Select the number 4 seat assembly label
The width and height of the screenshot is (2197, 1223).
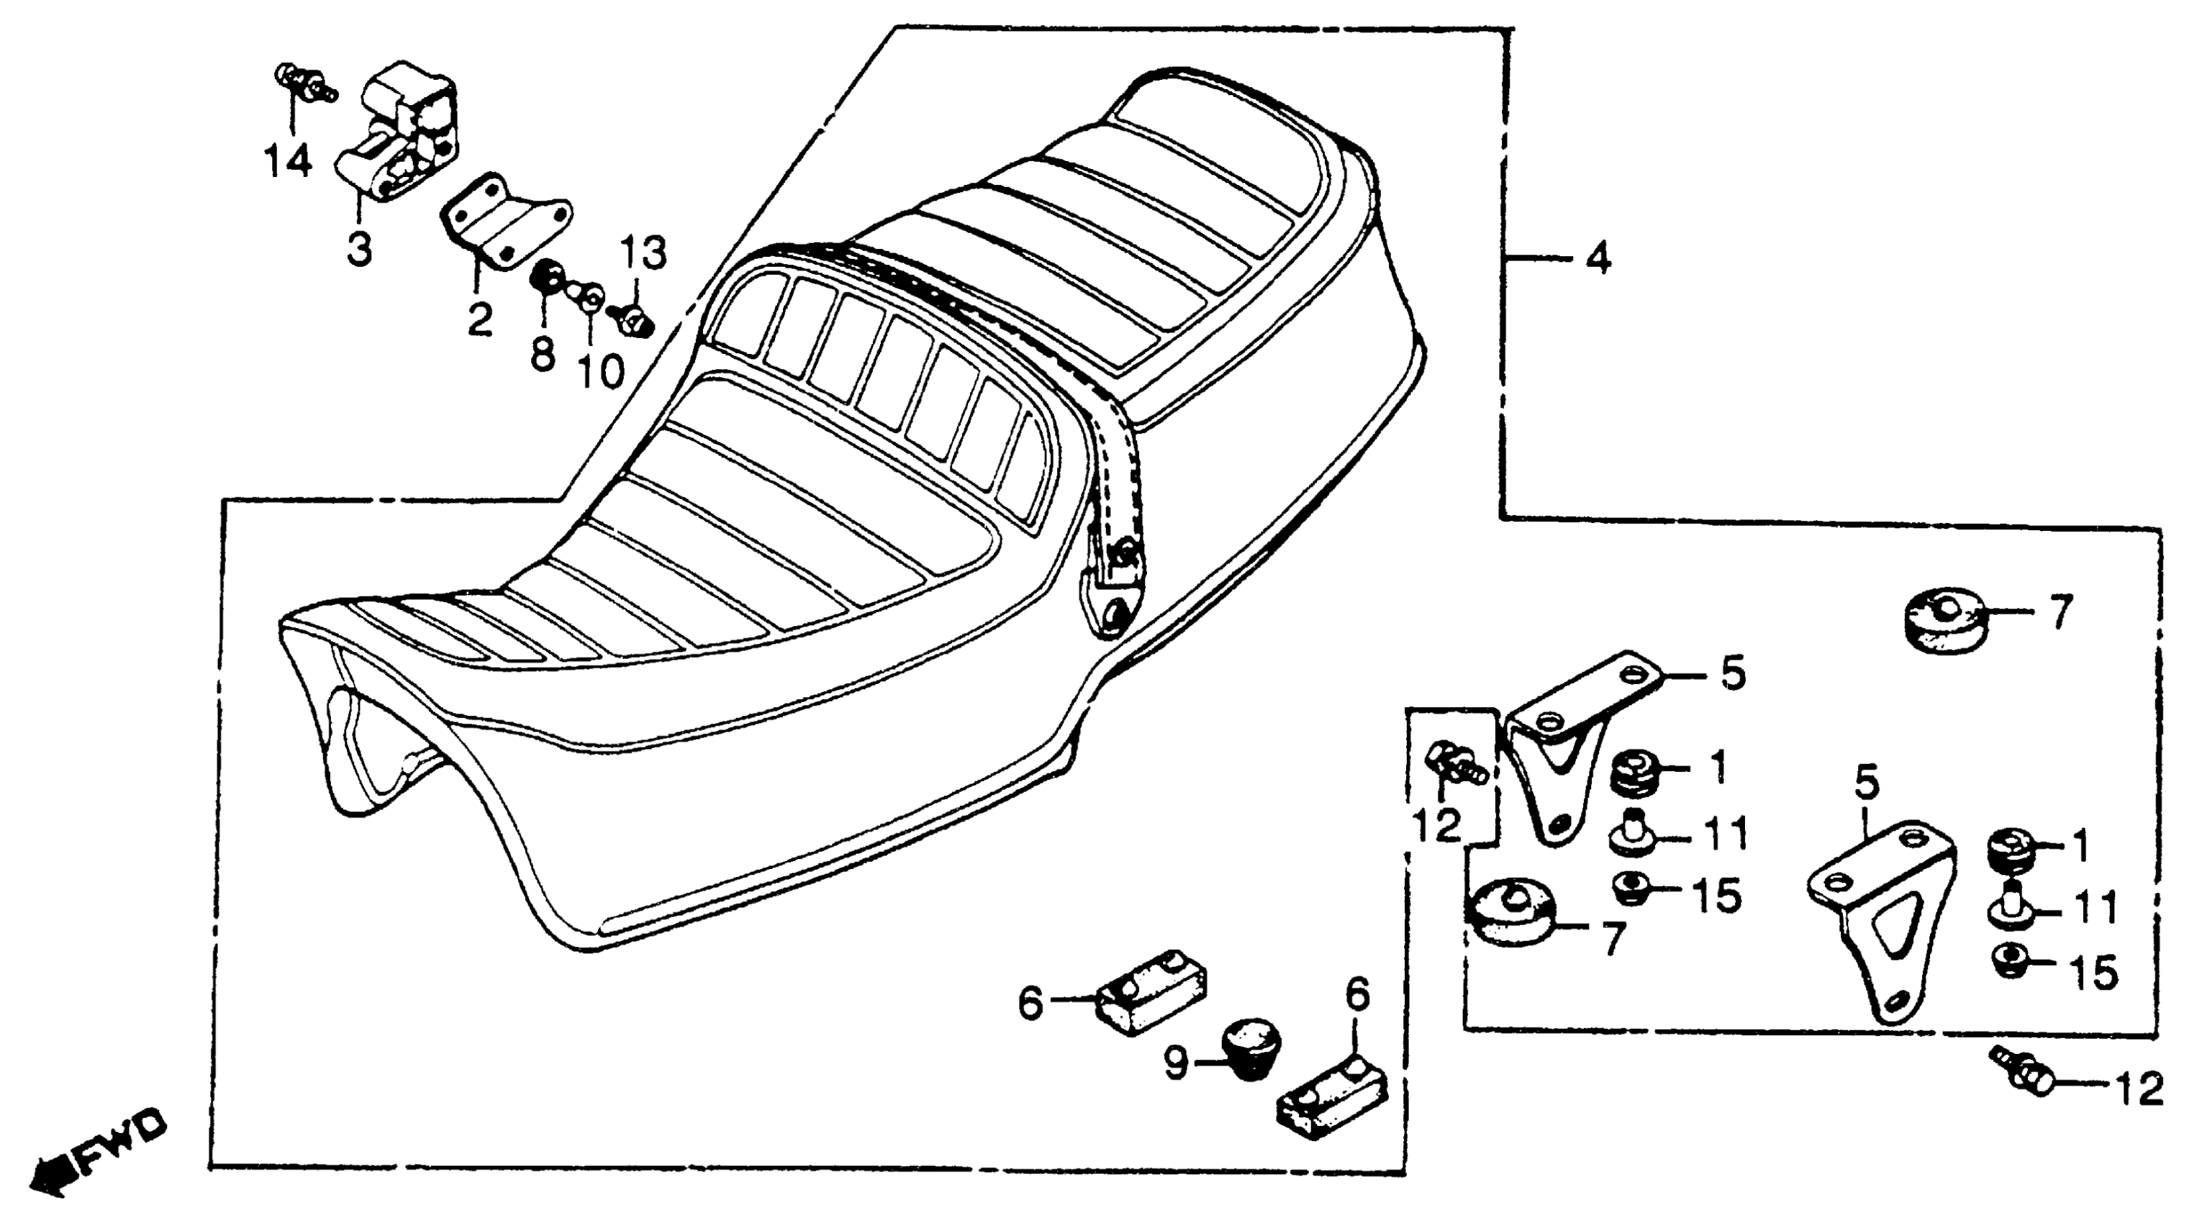[x=1598, y=258]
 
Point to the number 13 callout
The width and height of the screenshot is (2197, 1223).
[x=644, y=253]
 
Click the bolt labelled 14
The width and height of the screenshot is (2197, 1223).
[x=304, y=82]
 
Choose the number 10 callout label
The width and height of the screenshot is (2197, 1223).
[x=602, y=371]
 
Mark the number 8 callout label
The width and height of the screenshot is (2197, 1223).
[x=543, y=355]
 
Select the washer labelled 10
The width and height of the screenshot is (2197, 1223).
[x=591, y=298]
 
